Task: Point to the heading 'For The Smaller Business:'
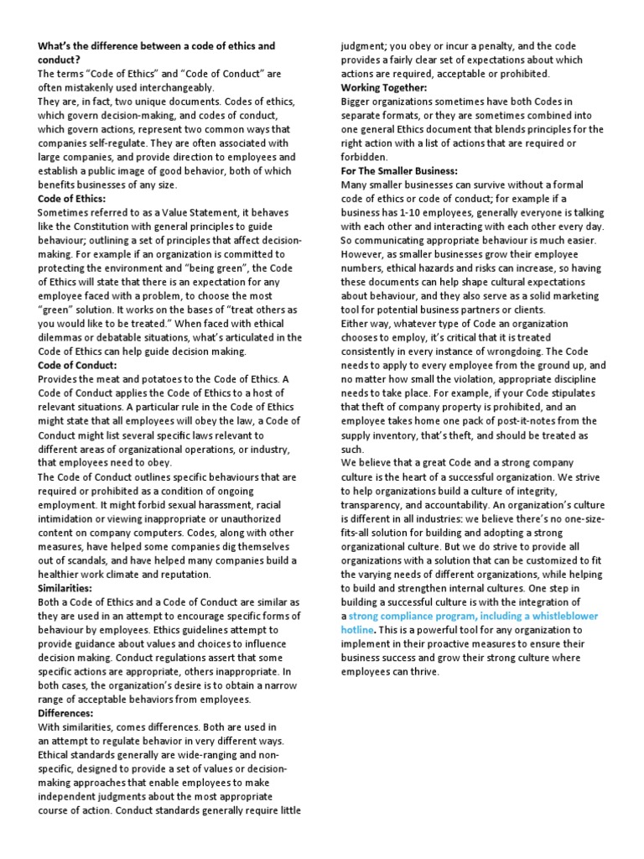coord(399,170)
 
